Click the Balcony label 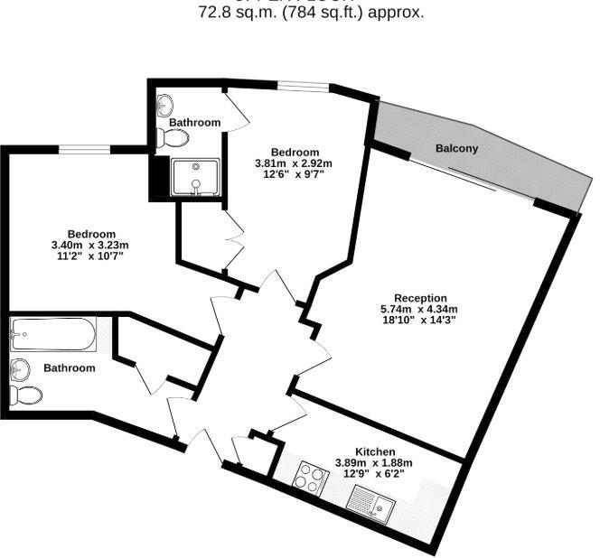[x=456, y=148]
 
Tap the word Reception [x=420, y=298]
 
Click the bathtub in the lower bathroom [x=52, y=336]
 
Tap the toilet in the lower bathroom [x=27, y=395]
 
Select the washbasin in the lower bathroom [x=19, y=367]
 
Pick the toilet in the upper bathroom [x=172, y=138]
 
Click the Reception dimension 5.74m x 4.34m [x=420, y=309]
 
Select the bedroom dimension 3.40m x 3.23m [x=90, y=245]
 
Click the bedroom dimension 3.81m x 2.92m [x=294, y=163]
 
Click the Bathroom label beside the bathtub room [x=70, y=368]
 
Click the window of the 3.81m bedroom [x=304, y=86]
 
